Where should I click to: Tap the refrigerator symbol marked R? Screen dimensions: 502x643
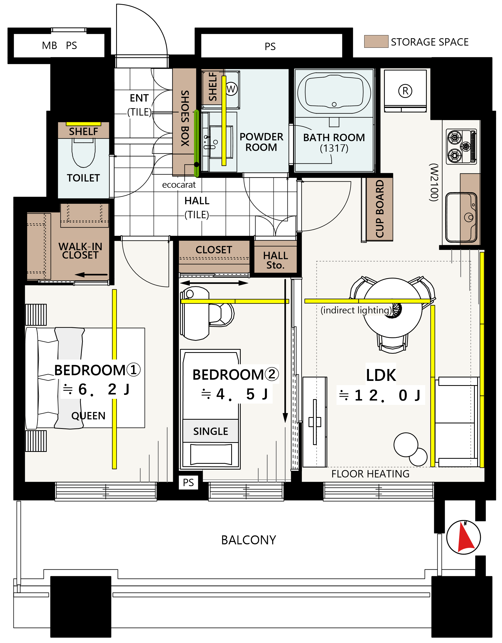click(x=405, y=91)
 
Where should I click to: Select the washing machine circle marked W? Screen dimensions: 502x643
click(x=231, y=89)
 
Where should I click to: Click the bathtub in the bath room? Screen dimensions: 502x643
click(x=334, y=93)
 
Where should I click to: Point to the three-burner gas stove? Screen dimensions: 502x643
click(x=461, y=146)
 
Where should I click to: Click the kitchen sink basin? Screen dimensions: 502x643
click(x=461, y=217)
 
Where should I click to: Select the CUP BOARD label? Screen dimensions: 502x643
click(x=380, y=209)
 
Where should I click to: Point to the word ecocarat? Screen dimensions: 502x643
click(x=179, y=185)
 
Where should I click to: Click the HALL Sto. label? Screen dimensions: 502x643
click(x=275, y=260)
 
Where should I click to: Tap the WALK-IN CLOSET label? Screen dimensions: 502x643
click(x=80, y=250)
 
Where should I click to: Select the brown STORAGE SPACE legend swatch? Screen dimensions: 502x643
click(x=376, y=41)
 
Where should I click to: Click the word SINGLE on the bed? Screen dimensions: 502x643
click(x=211, y=431)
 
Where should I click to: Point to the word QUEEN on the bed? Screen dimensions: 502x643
click(x=88, y=415)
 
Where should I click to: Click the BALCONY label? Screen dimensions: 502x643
click(x=249, y=540)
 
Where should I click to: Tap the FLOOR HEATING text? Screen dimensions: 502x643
click(x=370, y=474)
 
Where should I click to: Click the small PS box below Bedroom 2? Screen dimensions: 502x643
click(x=188, y=482)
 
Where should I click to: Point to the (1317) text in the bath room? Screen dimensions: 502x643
click(x=334, y=148)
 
